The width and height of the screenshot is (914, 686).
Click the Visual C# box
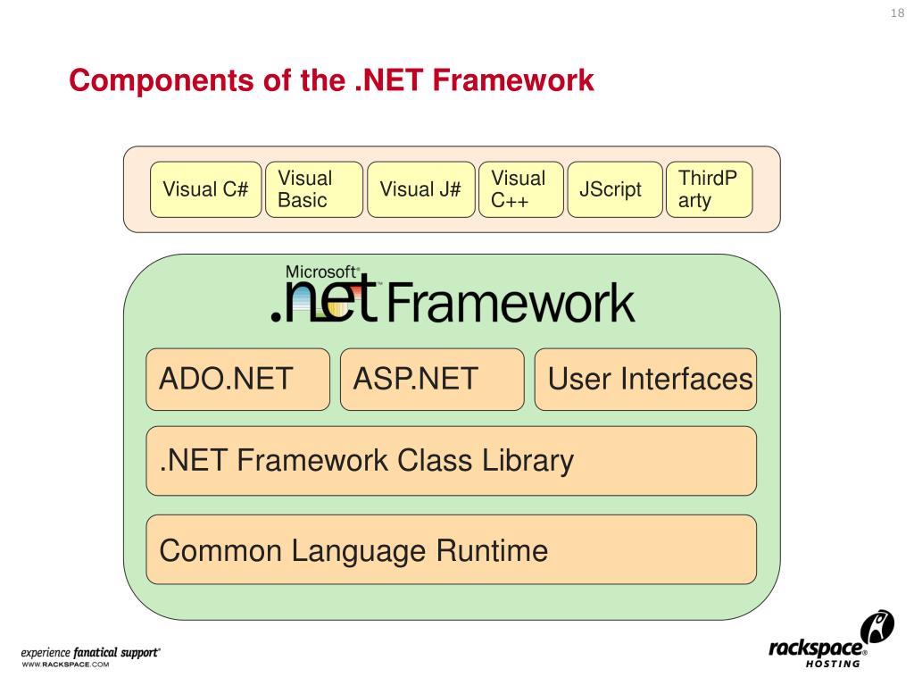click(x=205, y=189)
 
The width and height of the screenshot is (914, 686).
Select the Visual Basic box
click(x=314, y=189)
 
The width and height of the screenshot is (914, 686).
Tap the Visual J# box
click(x=420, y=189)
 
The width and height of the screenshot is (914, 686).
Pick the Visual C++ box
click(x=521, y=189)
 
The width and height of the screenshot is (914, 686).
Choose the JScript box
click(x=615, y=189)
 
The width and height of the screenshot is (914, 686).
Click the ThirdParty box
click(x=709, y=189)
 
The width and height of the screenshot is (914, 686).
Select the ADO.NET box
click(x=237, y=380)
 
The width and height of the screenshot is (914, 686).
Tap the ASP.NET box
click(x=432, y=380)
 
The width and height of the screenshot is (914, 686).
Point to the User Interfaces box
click(x=645, y=380)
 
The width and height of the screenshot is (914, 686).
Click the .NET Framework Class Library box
click(x=451, y=461)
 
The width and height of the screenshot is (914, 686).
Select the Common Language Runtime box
click(x=451, y=549)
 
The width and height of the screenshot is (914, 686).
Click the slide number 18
click(x=897, y=13)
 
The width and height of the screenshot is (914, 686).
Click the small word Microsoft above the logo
click(x=322, y=272)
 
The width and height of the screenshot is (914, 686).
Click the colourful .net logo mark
click(x=325, y=302)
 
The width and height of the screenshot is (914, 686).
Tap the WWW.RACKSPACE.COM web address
click(x=65, y=665)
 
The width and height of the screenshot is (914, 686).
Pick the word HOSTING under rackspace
click(x=833, y=664)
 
